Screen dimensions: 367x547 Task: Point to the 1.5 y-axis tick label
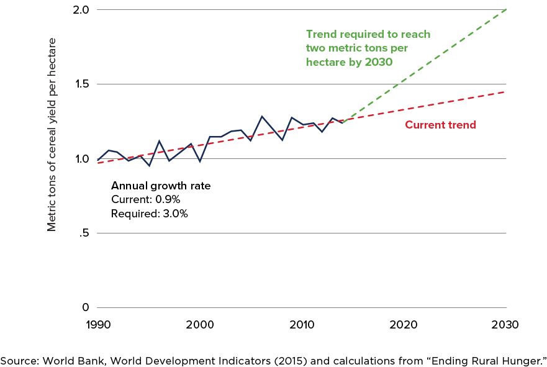(x=81, y=84)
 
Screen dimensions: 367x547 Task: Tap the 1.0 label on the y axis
(x=81, y=159)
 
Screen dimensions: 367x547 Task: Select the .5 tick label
(x=84, y=233)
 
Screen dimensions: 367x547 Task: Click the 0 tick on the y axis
(x=86, y=308)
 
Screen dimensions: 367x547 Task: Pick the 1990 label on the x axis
(x=98, y=324)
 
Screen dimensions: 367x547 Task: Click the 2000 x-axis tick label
(x=200, y=324)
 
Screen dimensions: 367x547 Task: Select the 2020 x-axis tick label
(x=404, y=324)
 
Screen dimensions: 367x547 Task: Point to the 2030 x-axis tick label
(x=505, y=324)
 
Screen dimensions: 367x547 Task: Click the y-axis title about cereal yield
(x=52, y=134)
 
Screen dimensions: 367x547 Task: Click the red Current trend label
(x=440, y=125)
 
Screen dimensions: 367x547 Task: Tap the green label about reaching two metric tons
(x=368, y=48)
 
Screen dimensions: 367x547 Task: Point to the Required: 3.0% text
(x=149, y=214)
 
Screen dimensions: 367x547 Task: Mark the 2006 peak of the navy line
(x=261, y=116)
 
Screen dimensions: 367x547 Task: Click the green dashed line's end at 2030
(x=506, y=9)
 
